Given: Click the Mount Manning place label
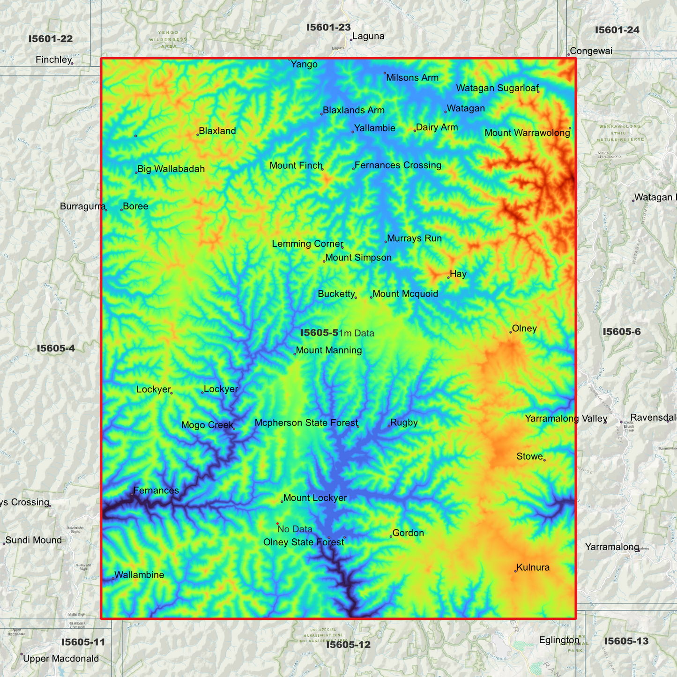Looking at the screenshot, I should click(329, 350).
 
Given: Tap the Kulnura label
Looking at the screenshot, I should click(533, 568).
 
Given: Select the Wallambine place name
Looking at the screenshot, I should click(139, 575).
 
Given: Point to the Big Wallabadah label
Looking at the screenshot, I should click(171, 169).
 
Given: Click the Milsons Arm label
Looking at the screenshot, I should click(412, 78).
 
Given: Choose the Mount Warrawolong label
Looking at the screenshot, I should click(527, 133).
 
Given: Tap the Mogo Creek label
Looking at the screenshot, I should click(207, 425).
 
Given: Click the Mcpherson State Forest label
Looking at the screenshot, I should click(306, 423).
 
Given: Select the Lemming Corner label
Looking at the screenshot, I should click(307, 244).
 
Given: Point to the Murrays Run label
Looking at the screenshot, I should click(414, 238).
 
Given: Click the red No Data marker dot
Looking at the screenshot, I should click(277, 524).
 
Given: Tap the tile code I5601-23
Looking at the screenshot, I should click(328, 28).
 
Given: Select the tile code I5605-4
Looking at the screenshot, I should click(56, 349).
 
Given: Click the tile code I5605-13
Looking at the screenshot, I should click(626, 641).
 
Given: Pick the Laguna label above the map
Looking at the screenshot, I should click(368, 37).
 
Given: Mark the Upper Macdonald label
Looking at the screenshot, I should click(61, 659).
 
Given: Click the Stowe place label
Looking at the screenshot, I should click(529, 457).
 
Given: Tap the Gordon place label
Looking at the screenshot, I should click(408, 533).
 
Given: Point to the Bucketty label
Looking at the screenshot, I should click(336, 294).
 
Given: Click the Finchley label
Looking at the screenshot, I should click(53, 60).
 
